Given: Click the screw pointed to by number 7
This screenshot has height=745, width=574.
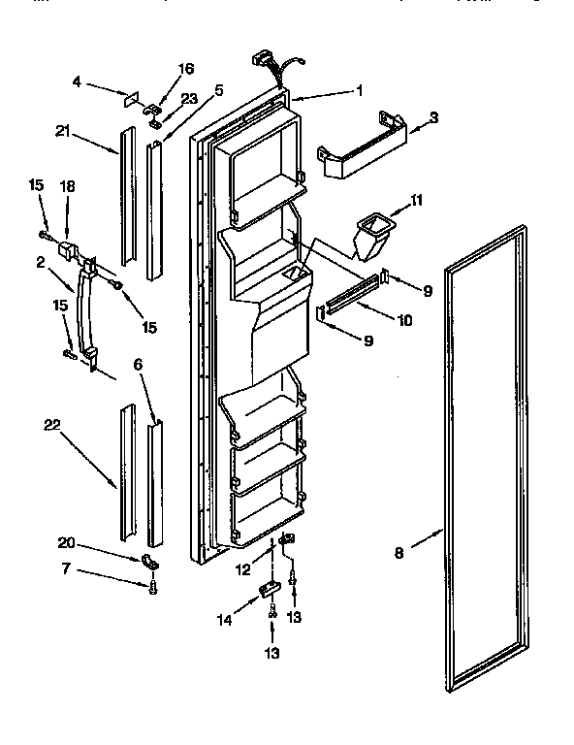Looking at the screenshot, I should coord(152,586).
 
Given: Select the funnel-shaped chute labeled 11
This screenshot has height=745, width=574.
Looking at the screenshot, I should coord(371,236).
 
